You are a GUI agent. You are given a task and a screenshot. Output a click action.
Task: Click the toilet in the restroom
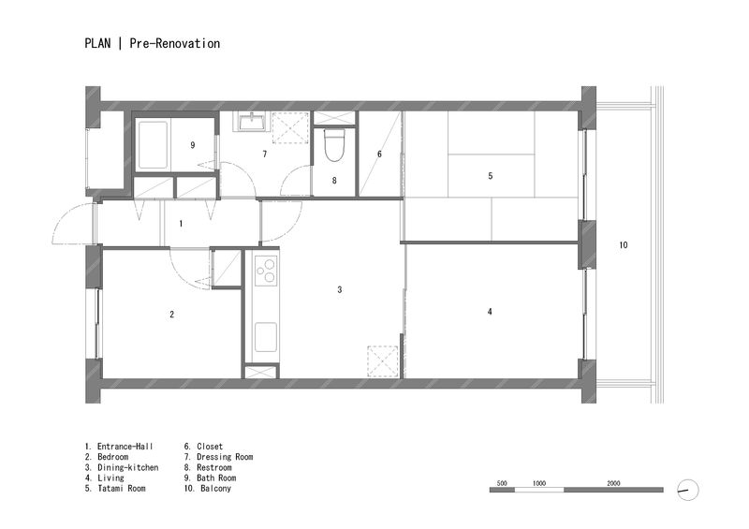(334, 145)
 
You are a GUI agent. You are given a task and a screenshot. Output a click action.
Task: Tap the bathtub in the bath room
(153, 144)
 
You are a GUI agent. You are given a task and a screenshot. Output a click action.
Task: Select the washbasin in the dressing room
(251, 122)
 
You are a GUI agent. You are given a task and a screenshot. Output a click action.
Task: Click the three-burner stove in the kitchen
(266, 271)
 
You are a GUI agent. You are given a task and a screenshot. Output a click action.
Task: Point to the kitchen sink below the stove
(266, 337)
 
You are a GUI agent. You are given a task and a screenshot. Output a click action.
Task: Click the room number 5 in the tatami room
(490, 176)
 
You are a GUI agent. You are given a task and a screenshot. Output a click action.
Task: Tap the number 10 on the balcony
(624, 244)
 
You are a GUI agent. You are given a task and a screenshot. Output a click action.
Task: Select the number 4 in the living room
(490, 312)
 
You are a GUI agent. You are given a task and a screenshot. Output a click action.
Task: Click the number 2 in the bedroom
(172, 314)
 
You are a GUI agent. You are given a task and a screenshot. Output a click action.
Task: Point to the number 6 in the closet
(379, 154)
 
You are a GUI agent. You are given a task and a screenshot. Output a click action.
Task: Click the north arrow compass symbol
(688, 490)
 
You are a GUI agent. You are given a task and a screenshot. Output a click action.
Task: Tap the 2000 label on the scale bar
(613, 483)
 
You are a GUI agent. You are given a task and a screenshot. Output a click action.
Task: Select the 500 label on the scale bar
(502, 483)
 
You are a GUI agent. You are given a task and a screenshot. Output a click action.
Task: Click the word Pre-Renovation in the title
(175, 43)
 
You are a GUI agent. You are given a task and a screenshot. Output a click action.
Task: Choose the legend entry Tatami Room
(122, 489)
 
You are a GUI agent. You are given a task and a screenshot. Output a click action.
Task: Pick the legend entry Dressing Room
(225, 457)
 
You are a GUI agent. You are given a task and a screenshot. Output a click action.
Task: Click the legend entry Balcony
(215, 489)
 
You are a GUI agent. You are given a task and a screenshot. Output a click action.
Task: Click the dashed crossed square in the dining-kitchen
(383, 361)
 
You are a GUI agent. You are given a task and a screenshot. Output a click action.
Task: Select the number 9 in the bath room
(193, 145)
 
